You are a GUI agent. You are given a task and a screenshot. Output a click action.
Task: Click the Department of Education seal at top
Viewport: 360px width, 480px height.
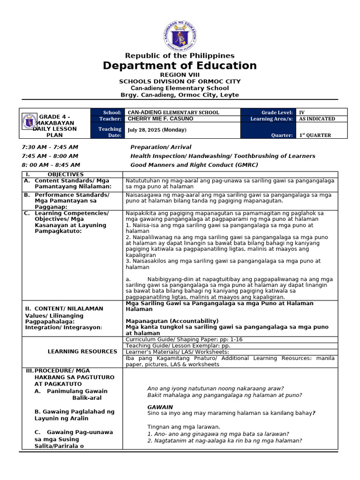coord(180,35)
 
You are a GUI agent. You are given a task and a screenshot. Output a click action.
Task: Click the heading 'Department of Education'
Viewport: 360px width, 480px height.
coord(180,66)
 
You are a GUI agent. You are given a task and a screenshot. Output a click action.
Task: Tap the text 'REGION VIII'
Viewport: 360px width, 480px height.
coord(180,75)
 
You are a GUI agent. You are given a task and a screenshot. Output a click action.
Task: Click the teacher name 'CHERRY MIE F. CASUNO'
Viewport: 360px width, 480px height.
coord(160,119)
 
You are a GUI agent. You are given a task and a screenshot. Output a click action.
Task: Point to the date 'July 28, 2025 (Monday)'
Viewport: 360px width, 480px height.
coord(157,130)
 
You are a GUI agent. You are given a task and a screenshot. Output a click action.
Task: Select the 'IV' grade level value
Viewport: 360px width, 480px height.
coord(302,112)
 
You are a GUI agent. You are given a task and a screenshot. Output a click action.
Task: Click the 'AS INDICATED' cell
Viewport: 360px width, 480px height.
coord(317,119)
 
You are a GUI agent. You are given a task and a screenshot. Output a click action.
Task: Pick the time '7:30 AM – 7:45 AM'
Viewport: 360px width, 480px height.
coord(50,147)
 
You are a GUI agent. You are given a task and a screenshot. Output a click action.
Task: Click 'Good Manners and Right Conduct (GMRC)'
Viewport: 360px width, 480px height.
coord(194,165)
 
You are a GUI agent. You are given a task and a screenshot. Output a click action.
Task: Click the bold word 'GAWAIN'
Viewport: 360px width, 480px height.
coord(160,407)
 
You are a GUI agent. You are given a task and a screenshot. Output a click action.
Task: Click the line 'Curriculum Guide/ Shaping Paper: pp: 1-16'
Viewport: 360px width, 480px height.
coord(184,339)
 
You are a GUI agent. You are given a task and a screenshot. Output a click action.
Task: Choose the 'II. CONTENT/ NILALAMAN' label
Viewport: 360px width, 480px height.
coord(64,308)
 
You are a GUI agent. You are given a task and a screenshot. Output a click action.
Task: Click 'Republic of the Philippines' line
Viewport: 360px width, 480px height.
coord(180,56)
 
